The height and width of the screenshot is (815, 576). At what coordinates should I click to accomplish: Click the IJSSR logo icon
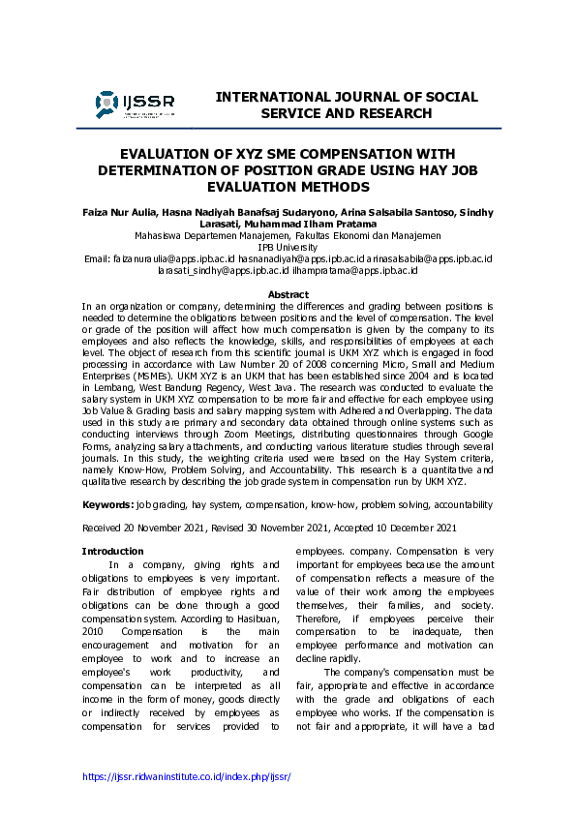(x=107, y=104)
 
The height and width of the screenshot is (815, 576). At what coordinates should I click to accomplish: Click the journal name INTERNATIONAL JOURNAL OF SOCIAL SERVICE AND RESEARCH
(x=347, y=106)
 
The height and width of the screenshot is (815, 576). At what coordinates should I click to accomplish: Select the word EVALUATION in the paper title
(x=163, y=154)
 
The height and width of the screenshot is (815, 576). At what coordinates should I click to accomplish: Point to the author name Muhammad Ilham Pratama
(x=309, y=224)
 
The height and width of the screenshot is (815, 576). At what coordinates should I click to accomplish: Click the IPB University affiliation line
(x=288, y=247)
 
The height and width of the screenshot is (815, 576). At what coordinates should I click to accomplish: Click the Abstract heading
(x=288, y=294)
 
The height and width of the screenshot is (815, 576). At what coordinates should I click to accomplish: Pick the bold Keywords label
(x=107, y=504)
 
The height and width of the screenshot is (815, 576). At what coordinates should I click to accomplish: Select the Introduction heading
(x=112, y=551)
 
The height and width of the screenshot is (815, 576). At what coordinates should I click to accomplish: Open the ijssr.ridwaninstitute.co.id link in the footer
(x=187, y=777)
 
